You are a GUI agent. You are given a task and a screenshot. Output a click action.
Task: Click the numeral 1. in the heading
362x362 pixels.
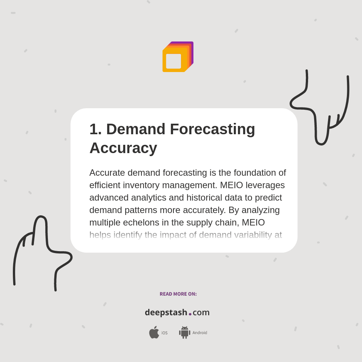coord(95,129)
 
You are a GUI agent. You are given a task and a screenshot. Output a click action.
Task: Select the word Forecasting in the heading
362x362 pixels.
coord(212,129)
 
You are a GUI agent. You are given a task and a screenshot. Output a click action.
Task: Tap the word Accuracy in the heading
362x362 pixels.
coord(123,148)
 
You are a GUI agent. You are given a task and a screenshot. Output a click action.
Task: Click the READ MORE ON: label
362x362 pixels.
coord(178,294)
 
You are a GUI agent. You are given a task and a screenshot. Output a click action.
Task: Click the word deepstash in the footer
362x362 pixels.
coord(166,313)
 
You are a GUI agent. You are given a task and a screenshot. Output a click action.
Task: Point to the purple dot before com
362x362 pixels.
coord(190,314)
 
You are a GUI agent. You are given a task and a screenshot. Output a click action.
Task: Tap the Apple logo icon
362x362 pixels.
coord(154,332)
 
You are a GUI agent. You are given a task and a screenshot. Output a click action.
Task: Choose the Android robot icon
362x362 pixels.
coord(184,332)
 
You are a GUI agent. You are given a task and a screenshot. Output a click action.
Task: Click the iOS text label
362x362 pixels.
coord(164,333)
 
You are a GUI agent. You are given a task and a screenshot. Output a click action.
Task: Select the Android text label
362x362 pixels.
coord(199,333)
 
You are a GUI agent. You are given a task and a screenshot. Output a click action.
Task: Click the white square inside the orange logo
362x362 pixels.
coord(173,61)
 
